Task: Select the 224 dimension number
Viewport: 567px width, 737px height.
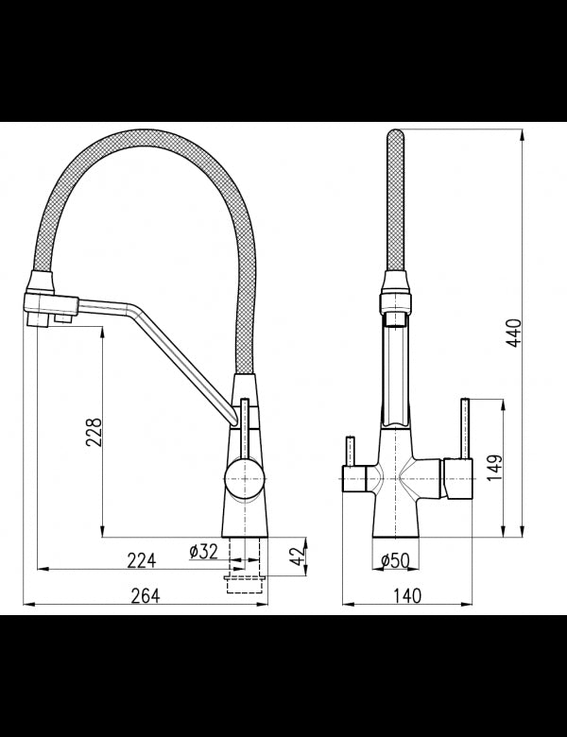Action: pyautogui.click(x=141, y=560)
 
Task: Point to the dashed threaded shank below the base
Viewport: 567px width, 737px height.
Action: pyautogui.click(x=244, y=571)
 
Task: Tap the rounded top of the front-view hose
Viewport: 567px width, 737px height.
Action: pyautogui.click(x=394, y=142)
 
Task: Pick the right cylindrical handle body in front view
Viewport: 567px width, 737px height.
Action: pyautogui.click(x=456, y=480)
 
